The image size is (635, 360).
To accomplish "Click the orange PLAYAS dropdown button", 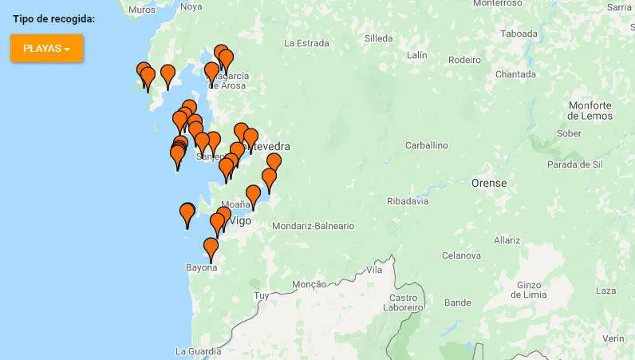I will pyautogui.click(x=46, y=49).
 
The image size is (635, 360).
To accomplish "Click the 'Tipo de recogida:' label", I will pyautogui.click(x=54, y=18).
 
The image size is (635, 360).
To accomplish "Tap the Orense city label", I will pyautogui.click(x=489, y=183).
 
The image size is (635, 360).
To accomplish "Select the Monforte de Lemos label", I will pyautogui.click(x=590, y=111).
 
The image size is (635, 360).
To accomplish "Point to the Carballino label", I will pyautogui.click(x=426, y=146).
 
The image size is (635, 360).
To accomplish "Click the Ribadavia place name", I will pyautogui.click(x=407, y=202).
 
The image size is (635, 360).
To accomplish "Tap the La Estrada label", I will pyautogui.click(x=306, y=43).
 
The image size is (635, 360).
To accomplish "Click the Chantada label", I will pyautogui.click(x=515, y=74).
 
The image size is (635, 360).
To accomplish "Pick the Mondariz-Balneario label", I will pyautogui.click(x=313, y=226).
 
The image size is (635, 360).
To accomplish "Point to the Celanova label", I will pyautogui.click(x=461, y=255).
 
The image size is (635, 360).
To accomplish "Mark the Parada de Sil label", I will pyautogui.click(x=574, y=164).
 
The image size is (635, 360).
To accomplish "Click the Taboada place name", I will pyautogui.click(x=519, y=34).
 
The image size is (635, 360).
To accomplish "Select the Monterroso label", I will pyautogui.click(x=496, y=3).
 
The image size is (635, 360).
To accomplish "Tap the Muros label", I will pyautogui.click(x=141, y=9).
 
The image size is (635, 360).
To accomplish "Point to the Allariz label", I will pyautogui.click(x=507, y=239).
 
